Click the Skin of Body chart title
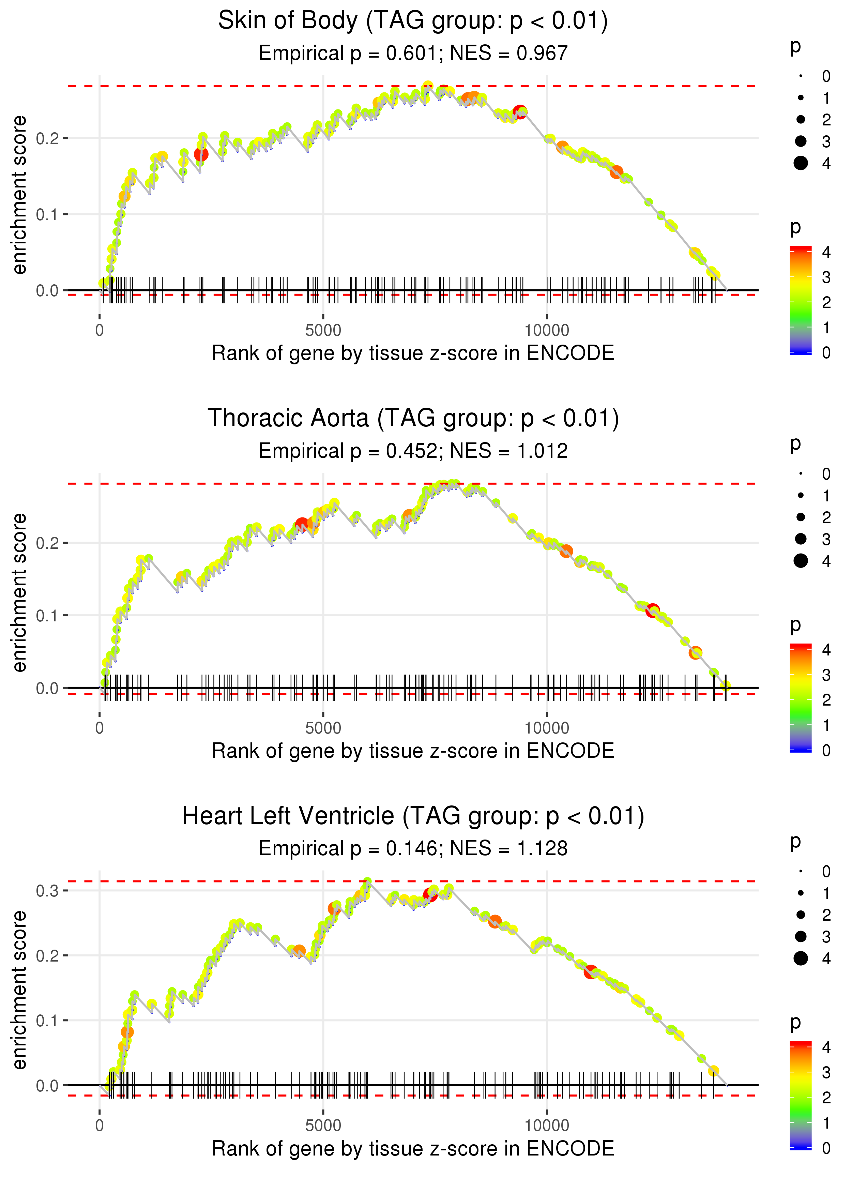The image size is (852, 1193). coord(413,21)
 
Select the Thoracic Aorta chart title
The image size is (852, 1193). coord(413,419)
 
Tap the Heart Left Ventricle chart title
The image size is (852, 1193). coord(413,816)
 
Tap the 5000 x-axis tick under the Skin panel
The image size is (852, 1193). coord(323,331)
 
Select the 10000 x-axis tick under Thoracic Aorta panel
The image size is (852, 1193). coord(547,728)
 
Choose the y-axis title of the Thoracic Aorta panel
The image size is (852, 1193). coord(20,593)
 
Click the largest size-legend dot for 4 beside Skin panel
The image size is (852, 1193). coord(801,163)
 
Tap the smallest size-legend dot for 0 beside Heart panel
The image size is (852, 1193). coord(801,872)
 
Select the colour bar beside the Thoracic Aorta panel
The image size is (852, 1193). coord(801,698)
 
